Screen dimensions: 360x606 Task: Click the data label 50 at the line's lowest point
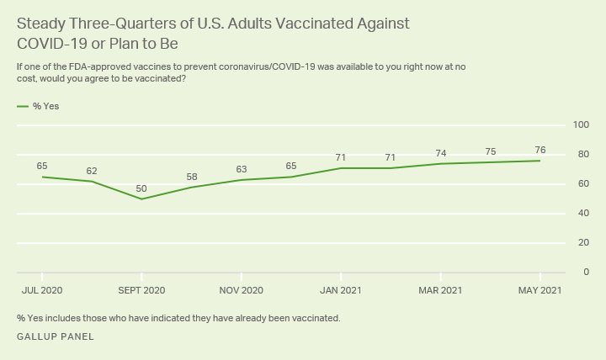point(141,188)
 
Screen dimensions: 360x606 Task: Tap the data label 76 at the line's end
point(540,150)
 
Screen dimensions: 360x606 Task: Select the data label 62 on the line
point(92,171)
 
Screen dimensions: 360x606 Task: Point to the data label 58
point(191,177)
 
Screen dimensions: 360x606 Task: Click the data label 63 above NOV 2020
point(241,169)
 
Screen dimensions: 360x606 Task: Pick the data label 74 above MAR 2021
point(440,153)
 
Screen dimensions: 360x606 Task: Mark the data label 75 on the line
point(490,151)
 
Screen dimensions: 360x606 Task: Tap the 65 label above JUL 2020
point(42,167)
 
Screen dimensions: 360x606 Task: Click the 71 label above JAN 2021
point(340,157)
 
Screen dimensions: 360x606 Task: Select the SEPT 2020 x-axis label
point(141,290)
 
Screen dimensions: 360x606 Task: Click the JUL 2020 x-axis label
point(42,290)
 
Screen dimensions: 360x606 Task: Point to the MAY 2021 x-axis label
point(540,290)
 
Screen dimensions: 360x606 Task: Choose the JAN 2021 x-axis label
point(340,290)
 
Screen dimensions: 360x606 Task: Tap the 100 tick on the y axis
point(581,125)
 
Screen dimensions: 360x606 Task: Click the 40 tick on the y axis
point(583,214)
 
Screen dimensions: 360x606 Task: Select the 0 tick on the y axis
point(586,273)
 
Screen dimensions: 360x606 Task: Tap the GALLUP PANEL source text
point(55,336)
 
